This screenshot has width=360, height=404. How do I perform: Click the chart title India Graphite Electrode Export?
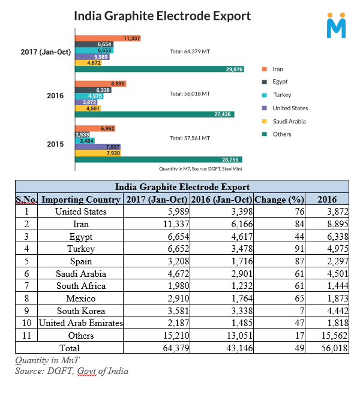(x=162, y=16)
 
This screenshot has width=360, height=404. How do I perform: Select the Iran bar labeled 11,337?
(x=107, y=38)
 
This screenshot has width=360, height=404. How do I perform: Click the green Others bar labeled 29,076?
(x=159, y=70)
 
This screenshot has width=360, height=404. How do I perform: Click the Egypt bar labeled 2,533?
(x=82, y=135)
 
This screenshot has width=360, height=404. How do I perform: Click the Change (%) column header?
(x=280, y=200)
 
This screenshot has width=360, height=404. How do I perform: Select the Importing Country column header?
(x=80, y=200)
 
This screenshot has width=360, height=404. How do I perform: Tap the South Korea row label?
(x=80, y=311)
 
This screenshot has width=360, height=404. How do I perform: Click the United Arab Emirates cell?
(x=80, y=323)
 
